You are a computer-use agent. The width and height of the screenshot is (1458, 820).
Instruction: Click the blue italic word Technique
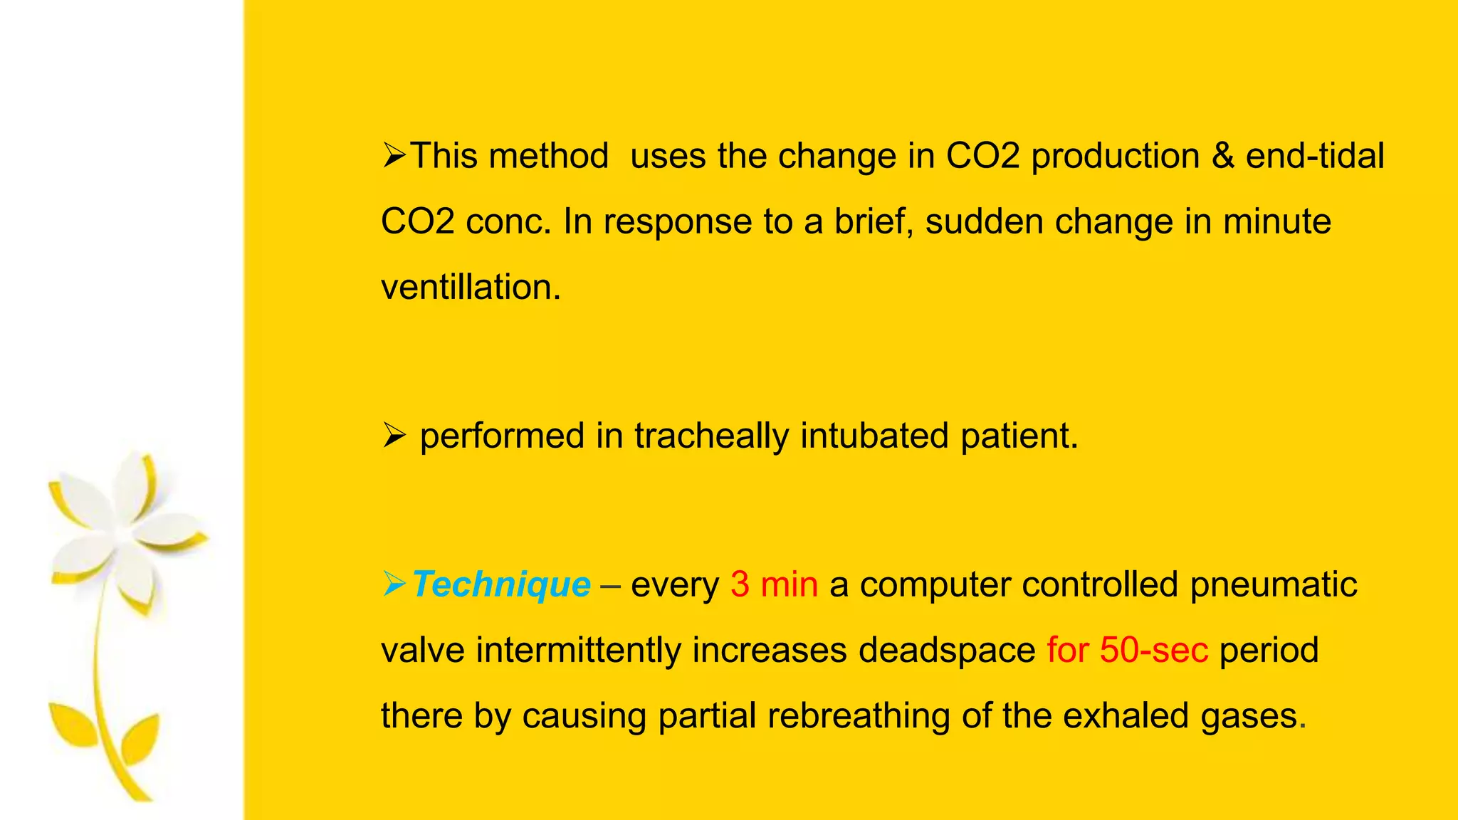coord(501,585)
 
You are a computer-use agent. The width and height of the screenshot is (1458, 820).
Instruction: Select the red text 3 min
coord(774,585)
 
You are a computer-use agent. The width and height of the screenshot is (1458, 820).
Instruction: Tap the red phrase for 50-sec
coord(1127,651)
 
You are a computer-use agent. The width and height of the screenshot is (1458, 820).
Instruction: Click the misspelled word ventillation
coord(471,288)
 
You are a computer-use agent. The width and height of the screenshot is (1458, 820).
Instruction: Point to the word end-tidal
coord(1314,157)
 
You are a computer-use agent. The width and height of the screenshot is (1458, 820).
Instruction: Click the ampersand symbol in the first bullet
coord(1222,157)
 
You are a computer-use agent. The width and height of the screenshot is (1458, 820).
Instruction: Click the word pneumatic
coord(1274,585)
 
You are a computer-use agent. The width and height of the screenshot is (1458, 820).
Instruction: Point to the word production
coord(1115,157)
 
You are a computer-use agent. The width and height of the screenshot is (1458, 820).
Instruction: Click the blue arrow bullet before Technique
coord(394,584)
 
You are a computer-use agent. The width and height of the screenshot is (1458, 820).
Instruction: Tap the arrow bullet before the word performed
coord(394,435)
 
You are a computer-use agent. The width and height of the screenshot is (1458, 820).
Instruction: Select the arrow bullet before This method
coord(394,155)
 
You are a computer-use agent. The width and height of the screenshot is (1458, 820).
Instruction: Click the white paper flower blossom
coord(125,530)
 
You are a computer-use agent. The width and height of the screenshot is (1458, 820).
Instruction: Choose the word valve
coord(423,651)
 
